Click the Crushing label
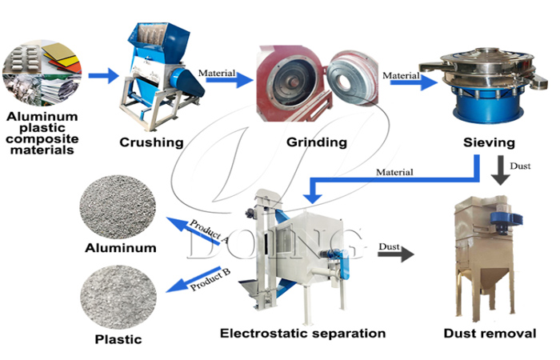pyautogui.click(x=151, y=143)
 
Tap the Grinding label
pyautogui.click(x=316, y=143)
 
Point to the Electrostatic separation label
pyautogui.click(x=302, y=333)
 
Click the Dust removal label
pyautogui.click(x=490, y=333)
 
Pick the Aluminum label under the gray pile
pyautogui.click(x=120, y=248)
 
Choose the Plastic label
pyautogui.click(x=120, y=339)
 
